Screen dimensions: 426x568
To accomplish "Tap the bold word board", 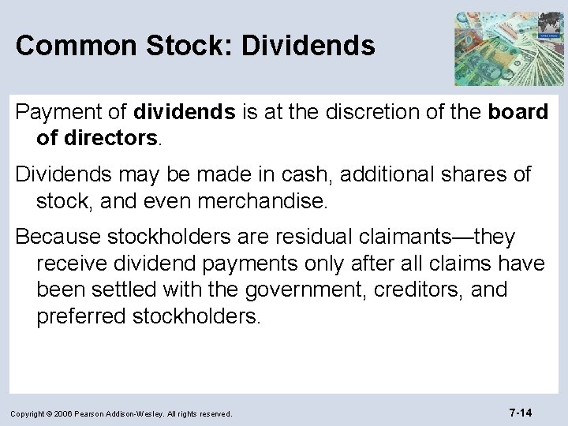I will (518, 113).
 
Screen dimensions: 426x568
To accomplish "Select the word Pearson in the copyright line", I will (95, 413).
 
